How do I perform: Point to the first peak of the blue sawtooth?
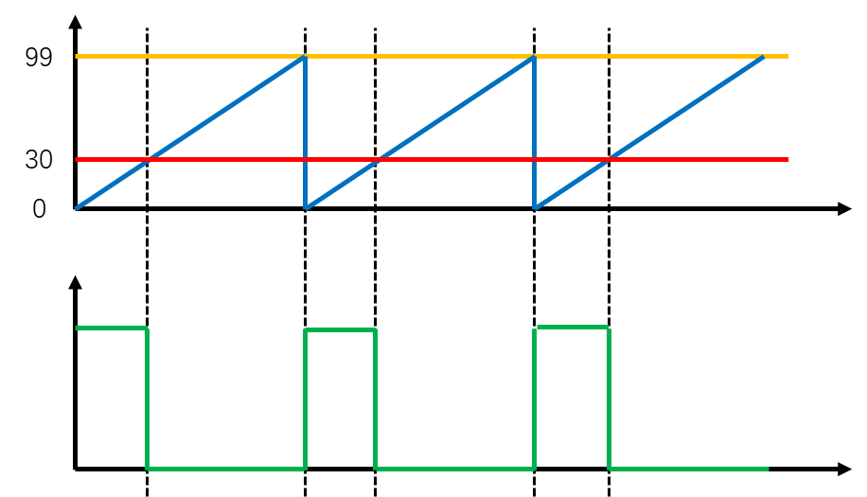click(304, 57)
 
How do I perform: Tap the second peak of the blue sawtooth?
click(534, 57)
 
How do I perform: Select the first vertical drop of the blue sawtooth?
click(305, 133)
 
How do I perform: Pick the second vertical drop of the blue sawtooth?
click(534, 133)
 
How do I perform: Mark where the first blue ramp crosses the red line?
click(147, 160)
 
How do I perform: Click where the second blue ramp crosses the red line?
click(378, 160)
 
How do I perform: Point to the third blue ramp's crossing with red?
click(608, 160)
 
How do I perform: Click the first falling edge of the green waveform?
click(147, 398)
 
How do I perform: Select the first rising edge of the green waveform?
click(305, 398)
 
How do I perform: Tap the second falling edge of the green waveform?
click(376, 398)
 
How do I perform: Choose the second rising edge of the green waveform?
click(535, 398)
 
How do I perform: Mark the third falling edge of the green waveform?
click(609, 398)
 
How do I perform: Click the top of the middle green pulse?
click(340, 329)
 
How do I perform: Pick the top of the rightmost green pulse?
click(572, 327)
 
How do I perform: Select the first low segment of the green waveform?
click(225, 468)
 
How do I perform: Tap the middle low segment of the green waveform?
click(455, 468)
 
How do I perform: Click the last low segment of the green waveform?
click(688, 468)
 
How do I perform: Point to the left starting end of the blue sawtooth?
click(78, 207)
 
